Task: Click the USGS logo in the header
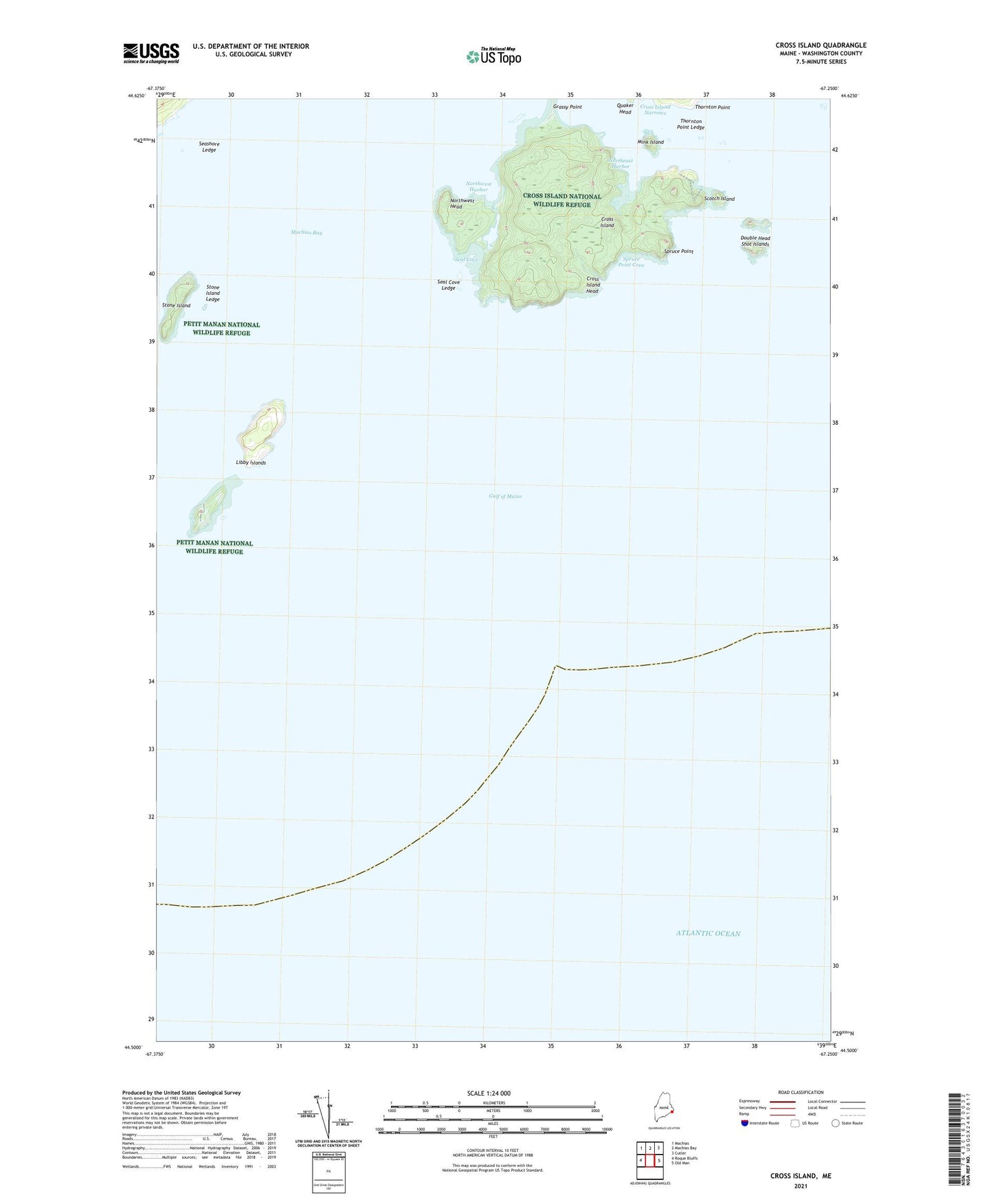[x=151, y=53]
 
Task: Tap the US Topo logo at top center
[x=493, y=56]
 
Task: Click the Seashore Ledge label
[x=209, y=147]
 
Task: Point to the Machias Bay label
[x=306, y=233]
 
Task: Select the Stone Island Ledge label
[x=213, y=293]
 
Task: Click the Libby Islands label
[x=251, y=463]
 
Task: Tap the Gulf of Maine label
[x=505, y=496]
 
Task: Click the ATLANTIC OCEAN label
[x=708, y=933]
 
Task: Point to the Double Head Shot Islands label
[x=755, y=241]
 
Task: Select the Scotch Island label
[x=719, y=199]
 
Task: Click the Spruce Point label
[x=678, y=252]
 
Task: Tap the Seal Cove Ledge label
[x=449, y=285]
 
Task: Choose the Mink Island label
[x=650, y=142]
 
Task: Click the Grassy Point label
[x=567, y=107]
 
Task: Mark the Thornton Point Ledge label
[x=690, y=124]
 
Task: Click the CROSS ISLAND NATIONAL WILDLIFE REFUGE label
[x=561, y=200]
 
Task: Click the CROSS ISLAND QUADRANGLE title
[x=821, y=45]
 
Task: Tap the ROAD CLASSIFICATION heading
[x=801, y=1092]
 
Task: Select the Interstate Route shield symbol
[x=745, y=1123]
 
